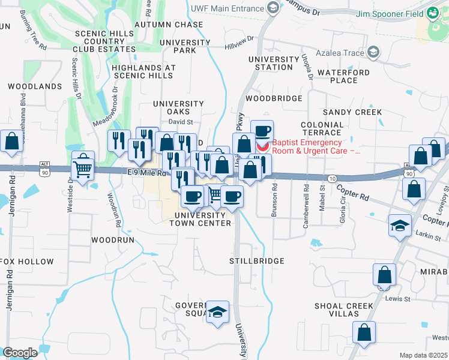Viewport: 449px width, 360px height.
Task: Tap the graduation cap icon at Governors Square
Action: click(218, 312)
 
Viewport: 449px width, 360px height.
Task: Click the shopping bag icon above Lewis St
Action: click(384, 275)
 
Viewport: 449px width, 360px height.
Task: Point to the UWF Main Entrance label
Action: click(227, 8)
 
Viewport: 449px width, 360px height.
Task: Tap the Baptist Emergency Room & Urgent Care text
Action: click(316, 146)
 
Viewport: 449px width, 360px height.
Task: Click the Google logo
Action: click(20, 352)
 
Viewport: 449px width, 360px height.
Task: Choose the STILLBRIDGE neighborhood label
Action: click(256, 262)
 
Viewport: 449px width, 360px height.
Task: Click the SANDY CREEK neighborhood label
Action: click(352, 112)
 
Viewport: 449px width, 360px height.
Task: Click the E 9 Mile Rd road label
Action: click(146, 173)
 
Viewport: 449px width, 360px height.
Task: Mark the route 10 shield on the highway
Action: click(332, 179)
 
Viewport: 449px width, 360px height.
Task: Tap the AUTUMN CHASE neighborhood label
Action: click(169, 25)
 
